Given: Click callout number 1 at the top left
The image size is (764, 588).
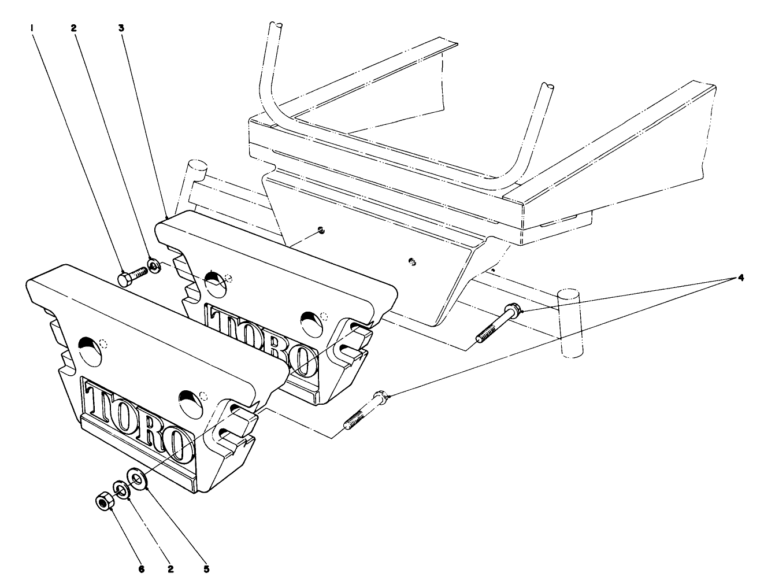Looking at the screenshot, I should (33, 27).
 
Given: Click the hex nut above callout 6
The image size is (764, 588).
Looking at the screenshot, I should (104, 501).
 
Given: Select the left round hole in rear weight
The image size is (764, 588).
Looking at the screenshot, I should (214, 283).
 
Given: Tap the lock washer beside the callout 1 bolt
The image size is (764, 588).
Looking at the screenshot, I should (154, 265).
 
